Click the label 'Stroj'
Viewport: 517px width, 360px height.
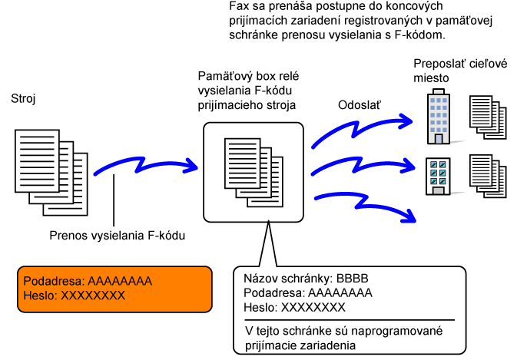pyautogui.click(x=22, y=100)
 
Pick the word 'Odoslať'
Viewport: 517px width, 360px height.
pyautogui.click(x=361, y=104)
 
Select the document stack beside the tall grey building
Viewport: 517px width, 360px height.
pyautogui.click(x=487, y=118)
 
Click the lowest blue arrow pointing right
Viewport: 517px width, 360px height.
pyautogui.click(x=367, y=204)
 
